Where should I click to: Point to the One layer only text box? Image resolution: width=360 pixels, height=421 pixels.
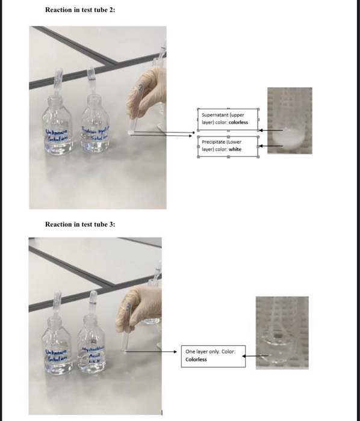pyautogui.click(x=214, y=356)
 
